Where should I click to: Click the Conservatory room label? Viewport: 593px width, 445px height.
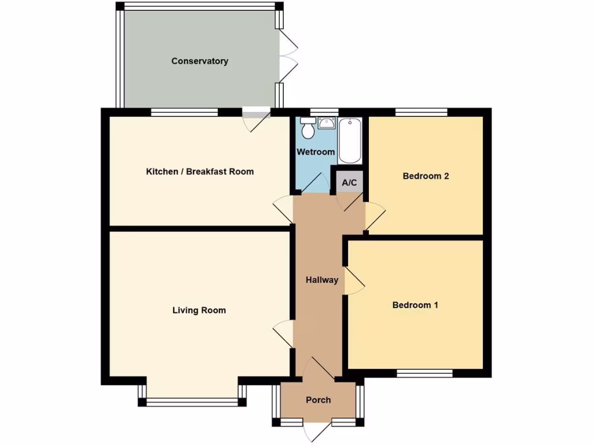point(200,61)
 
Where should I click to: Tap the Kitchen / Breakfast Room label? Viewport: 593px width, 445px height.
point(200,172)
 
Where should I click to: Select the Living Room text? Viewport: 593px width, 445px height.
point(199,311)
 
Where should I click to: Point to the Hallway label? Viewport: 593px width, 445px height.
point(322,280)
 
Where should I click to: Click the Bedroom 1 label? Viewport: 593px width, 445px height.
point(415,305)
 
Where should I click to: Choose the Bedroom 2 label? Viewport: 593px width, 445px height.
point(426,176)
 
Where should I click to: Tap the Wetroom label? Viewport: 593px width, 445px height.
point(316,152)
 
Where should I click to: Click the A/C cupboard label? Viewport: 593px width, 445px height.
point(350,183)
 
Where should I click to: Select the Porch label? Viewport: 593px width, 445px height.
point(319,400)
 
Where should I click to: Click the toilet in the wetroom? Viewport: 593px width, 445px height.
point(308,129)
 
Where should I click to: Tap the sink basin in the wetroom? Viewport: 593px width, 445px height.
point(327,123)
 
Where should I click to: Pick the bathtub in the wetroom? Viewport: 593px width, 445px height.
point(350,141)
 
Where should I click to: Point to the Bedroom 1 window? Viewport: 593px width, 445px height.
point(424,373)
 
